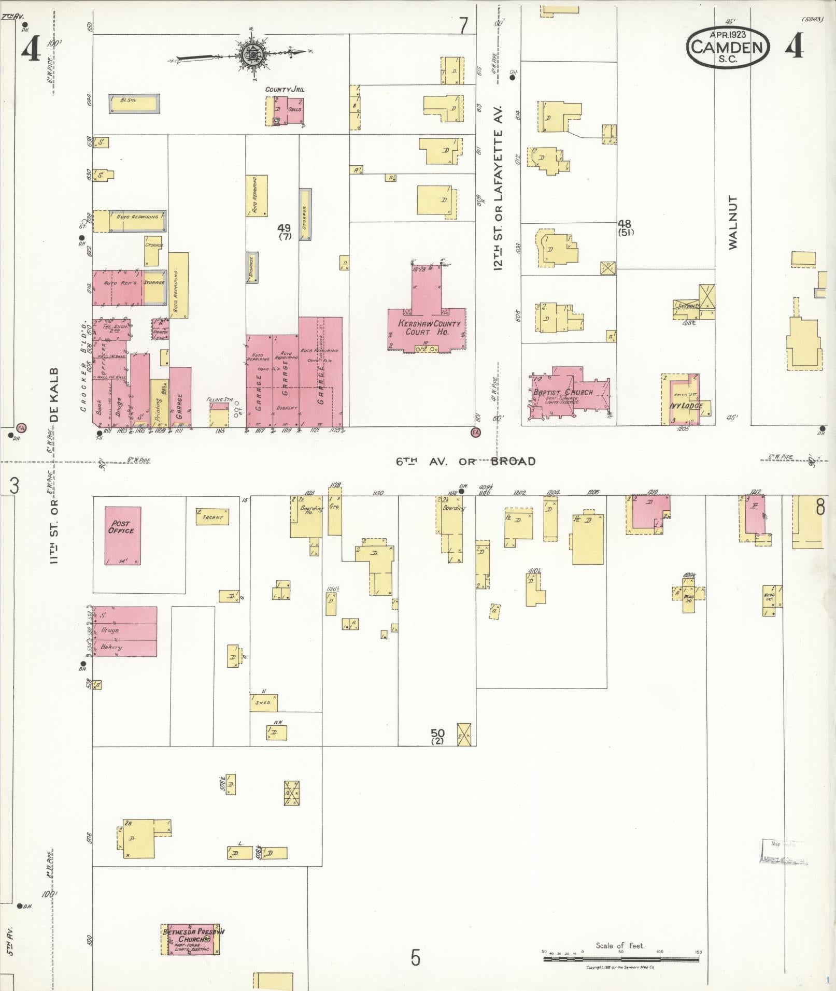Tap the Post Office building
(122, 535)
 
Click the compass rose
(252, 54)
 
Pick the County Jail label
(285, 90)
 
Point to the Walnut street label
(732, 222)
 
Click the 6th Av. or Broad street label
(465, 461)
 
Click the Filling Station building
(219, 415)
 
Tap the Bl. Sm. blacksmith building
(134, 104)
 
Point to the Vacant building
(212, 516)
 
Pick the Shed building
(263, 702)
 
